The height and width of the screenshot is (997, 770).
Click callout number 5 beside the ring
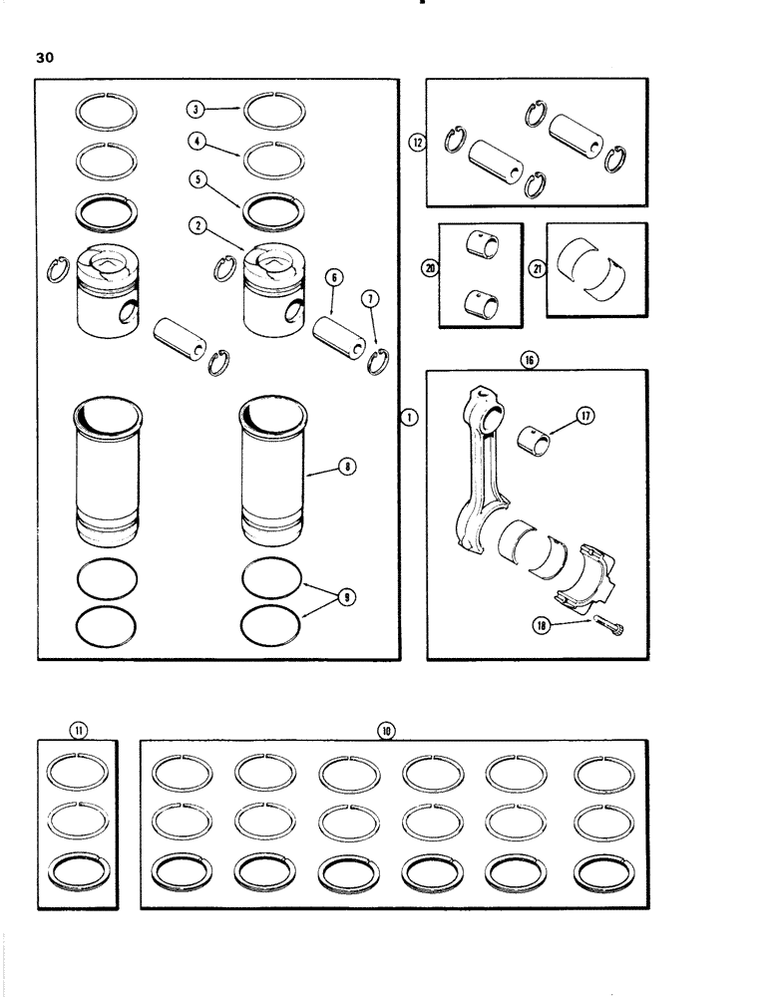point(198,180)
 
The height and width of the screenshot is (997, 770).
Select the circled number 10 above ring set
point(386,731)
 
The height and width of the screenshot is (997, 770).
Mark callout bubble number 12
point(417,143)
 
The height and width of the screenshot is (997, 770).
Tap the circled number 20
point(430,268)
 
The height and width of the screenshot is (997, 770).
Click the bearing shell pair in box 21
point(595,269)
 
